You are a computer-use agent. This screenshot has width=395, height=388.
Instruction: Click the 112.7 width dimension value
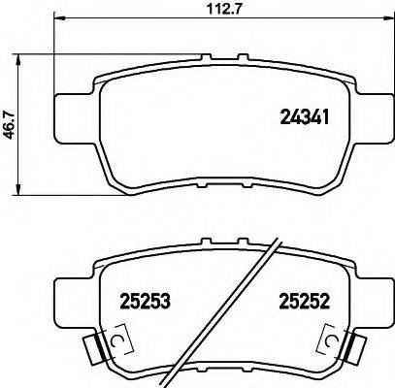point(201,10)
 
